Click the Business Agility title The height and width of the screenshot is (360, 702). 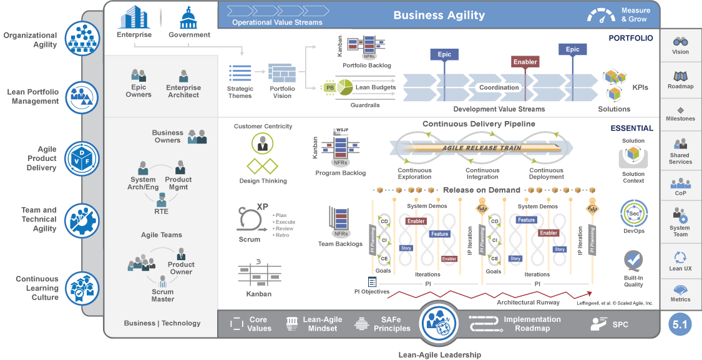[x=439, y=16]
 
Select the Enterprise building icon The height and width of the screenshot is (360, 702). [x=134, y=17]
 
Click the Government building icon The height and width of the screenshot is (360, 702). [x=188, y=17]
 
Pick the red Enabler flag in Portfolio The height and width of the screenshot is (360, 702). [x=525, y=62]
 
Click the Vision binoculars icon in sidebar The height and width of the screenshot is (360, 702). [x=680, y=41]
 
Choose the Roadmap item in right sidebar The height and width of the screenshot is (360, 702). [x=680, y=79]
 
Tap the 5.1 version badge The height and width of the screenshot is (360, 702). [x=680, y=324]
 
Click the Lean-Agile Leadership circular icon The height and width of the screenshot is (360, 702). [x=439, y=323]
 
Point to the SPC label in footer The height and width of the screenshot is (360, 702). [x=620, y=324]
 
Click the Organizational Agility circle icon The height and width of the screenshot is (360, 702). [x=82, y=39]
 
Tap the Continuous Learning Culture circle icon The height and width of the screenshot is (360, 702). [x=82, y=288]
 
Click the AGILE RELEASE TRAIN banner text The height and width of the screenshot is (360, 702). [x=478, y=148]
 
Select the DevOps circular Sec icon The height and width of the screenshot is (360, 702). [x=633, y=214]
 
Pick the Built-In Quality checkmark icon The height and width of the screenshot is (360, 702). [x=633, y=260]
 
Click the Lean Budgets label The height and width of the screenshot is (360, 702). [x=375, y=88]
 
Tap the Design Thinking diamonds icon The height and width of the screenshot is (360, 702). [x=263, y=167]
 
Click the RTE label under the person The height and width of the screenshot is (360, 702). [x=162, y=212]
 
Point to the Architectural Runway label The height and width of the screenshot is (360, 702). [x=524, y=303]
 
